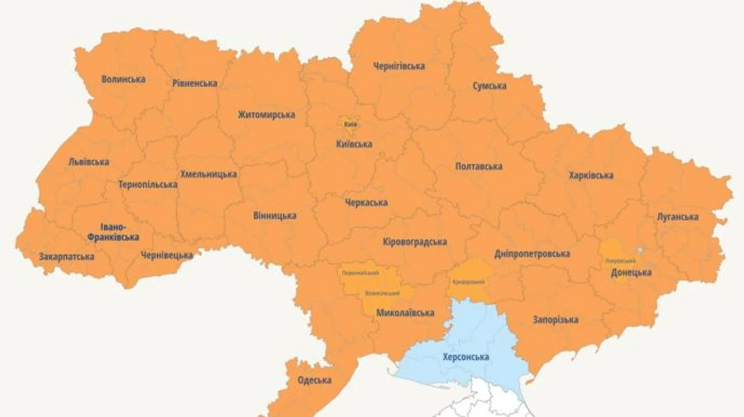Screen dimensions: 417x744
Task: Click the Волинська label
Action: click(123, 79)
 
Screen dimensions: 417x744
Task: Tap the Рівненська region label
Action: click(195, 83)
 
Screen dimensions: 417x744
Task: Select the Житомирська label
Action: click(266, 115)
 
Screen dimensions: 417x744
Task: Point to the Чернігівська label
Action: click(398, 66)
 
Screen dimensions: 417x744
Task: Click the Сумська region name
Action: click(489, 86)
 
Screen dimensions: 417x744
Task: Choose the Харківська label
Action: click(591, 175)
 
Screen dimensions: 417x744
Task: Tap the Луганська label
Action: click(678, 217)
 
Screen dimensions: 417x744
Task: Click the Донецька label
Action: click(631, 272)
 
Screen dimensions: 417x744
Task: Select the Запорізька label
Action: click(556, 320)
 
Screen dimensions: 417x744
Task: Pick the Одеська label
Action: click(314, 380)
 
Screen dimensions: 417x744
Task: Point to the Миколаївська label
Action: click(405, 313)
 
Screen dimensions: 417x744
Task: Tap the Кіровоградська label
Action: click(415, 242)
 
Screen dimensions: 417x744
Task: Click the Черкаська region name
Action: click(366, 202)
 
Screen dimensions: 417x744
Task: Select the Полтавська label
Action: click(479, 167)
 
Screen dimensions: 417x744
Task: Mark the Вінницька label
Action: click(274, 216)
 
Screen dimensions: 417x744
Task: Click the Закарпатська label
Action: click(66, 257)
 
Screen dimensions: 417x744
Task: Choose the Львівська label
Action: click(88, 162)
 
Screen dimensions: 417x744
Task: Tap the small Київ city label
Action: click(351, 124)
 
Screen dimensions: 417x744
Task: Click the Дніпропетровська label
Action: click(532, 254)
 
